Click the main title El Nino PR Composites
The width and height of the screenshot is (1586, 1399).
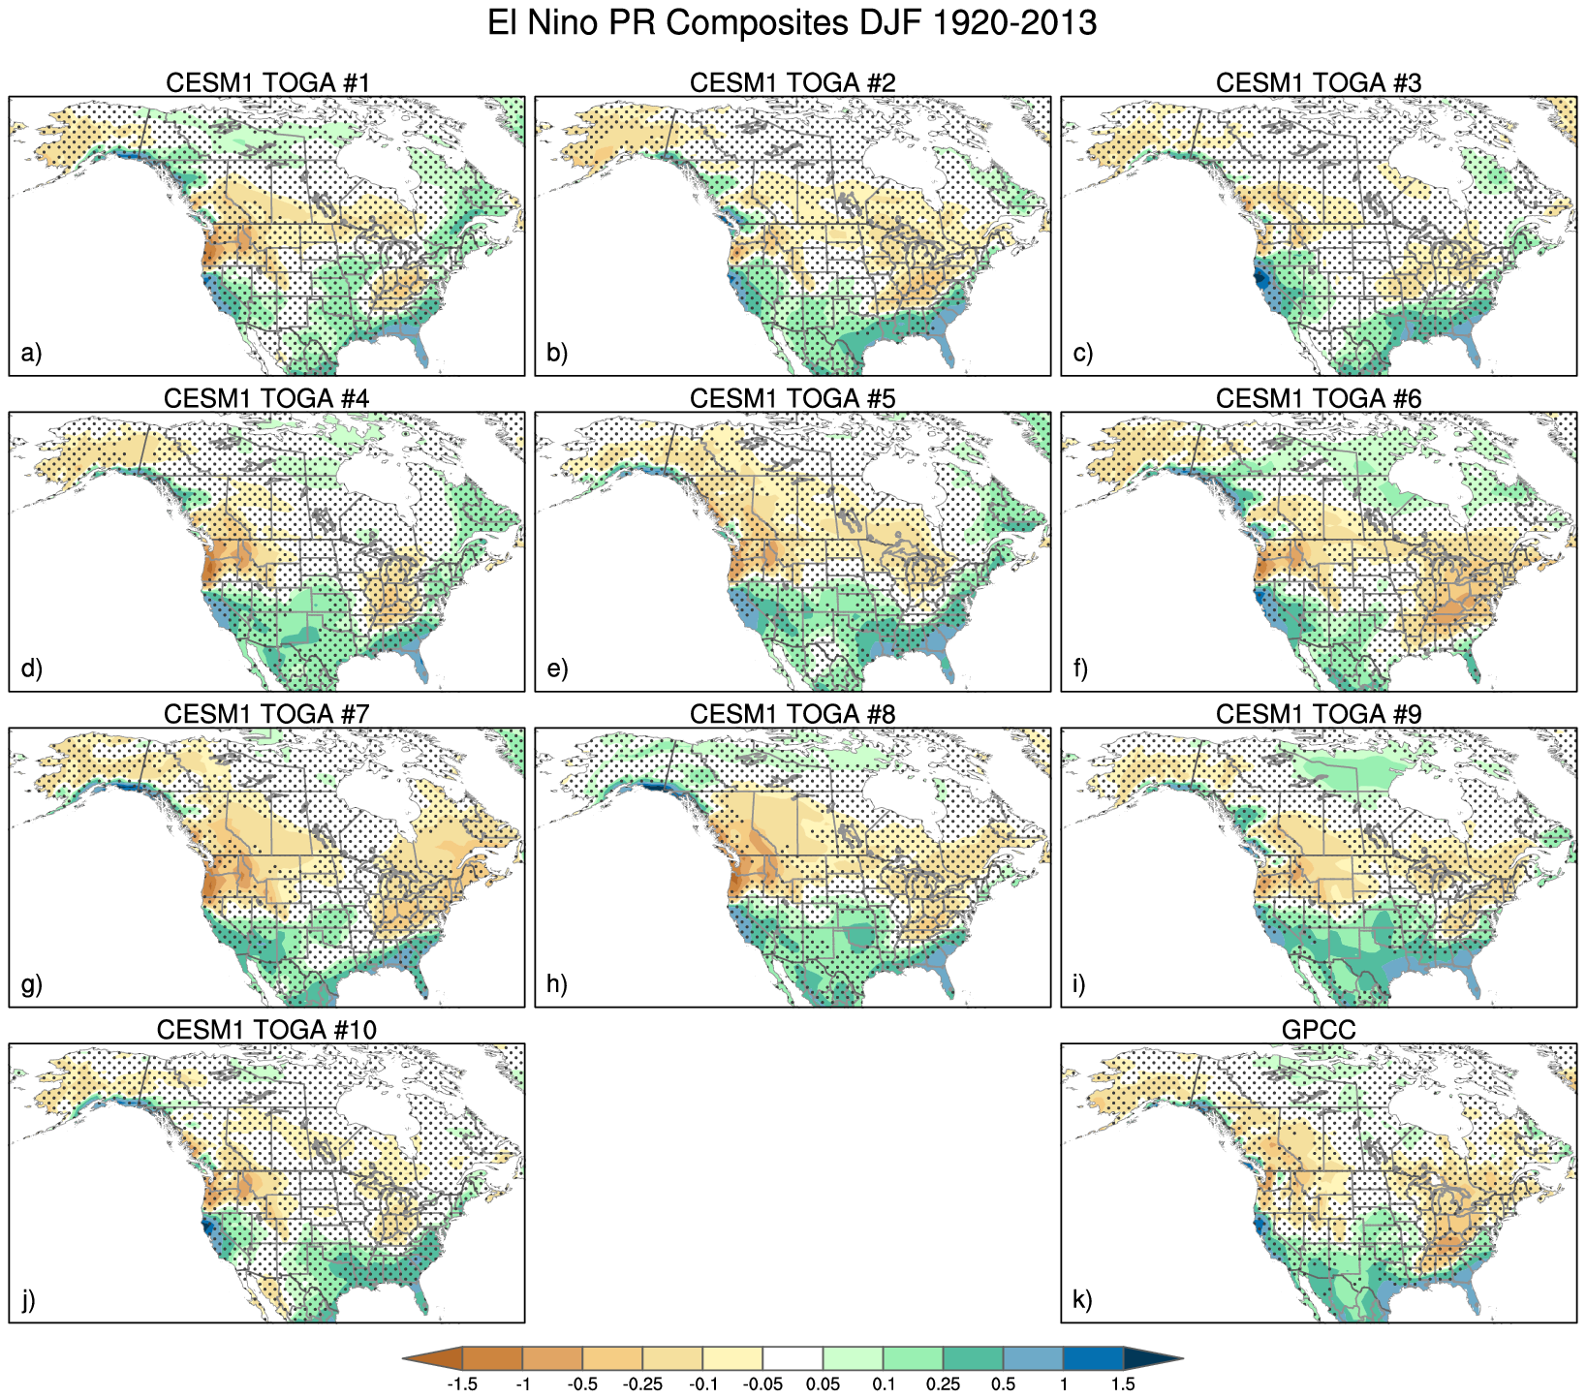click(792, 23)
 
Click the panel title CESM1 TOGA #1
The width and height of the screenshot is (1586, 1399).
click(267, 83)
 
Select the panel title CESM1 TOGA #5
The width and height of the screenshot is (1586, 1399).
click(793, 399)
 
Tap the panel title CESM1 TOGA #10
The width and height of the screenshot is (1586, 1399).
click(266, 1030)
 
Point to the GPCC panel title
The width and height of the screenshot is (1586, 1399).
click(1319, 1030)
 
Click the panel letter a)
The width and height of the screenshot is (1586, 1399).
click(31, 354)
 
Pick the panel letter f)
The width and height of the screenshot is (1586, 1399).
click(1082, 669)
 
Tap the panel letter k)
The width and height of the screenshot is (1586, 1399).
click(1083, 1300)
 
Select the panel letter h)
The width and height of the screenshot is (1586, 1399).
click(556, 984)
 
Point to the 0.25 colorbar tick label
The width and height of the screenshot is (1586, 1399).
click(943, 1384)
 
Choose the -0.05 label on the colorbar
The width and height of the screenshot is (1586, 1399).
click(762, 1384)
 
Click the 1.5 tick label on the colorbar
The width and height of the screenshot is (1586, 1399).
click(1123, 1384)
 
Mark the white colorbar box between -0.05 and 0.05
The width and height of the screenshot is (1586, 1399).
click(793, 1358)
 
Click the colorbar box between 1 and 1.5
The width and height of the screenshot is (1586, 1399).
click(1093, 1358)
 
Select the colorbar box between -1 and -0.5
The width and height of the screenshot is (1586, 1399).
click(552, 1358)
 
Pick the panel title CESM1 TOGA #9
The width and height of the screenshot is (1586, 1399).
click(1319, 715)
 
